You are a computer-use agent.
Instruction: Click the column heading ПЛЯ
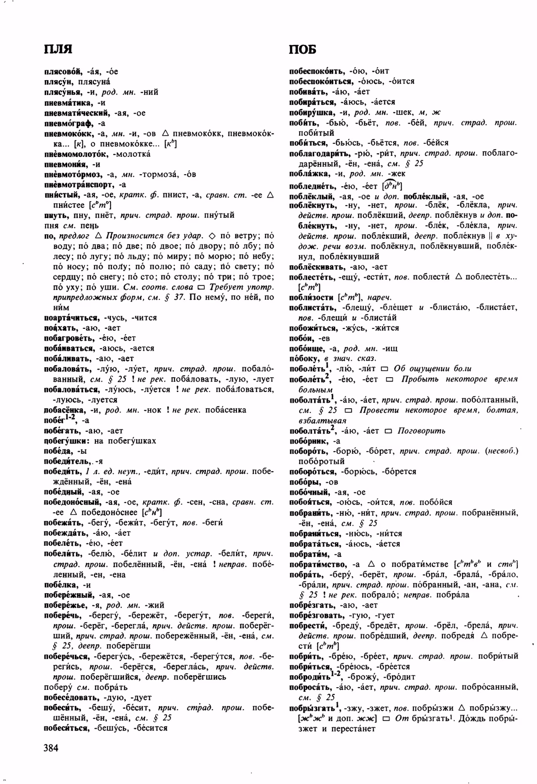(x=58, y=49)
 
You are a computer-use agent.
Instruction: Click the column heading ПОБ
(x=303, y=50)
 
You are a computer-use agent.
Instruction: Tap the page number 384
(x=51, y=748)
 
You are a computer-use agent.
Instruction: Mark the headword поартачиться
(x=69, y=318)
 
